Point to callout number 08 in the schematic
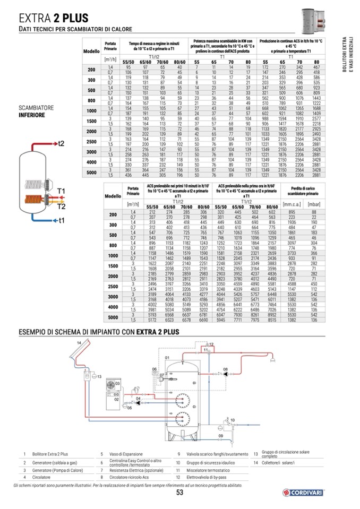tap(225, 369)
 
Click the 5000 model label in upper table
tap(91, 172)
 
